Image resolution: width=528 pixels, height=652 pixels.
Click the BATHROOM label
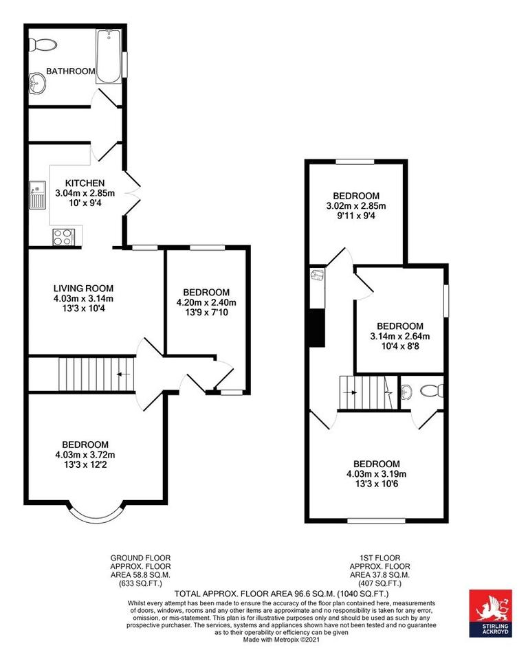coord(69,71)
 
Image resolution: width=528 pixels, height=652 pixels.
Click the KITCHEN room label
coord(85,183)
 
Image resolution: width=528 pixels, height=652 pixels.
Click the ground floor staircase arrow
coord(122,374)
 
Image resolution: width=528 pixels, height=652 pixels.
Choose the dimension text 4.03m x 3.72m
coord(85,455)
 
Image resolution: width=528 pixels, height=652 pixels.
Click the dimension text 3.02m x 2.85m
coord(355,205)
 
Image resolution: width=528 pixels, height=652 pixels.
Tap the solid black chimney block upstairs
coord(316,328)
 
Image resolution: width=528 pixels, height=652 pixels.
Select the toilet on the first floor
coord(431,392)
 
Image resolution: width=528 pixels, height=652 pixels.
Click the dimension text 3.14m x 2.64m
coord(399,336)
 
